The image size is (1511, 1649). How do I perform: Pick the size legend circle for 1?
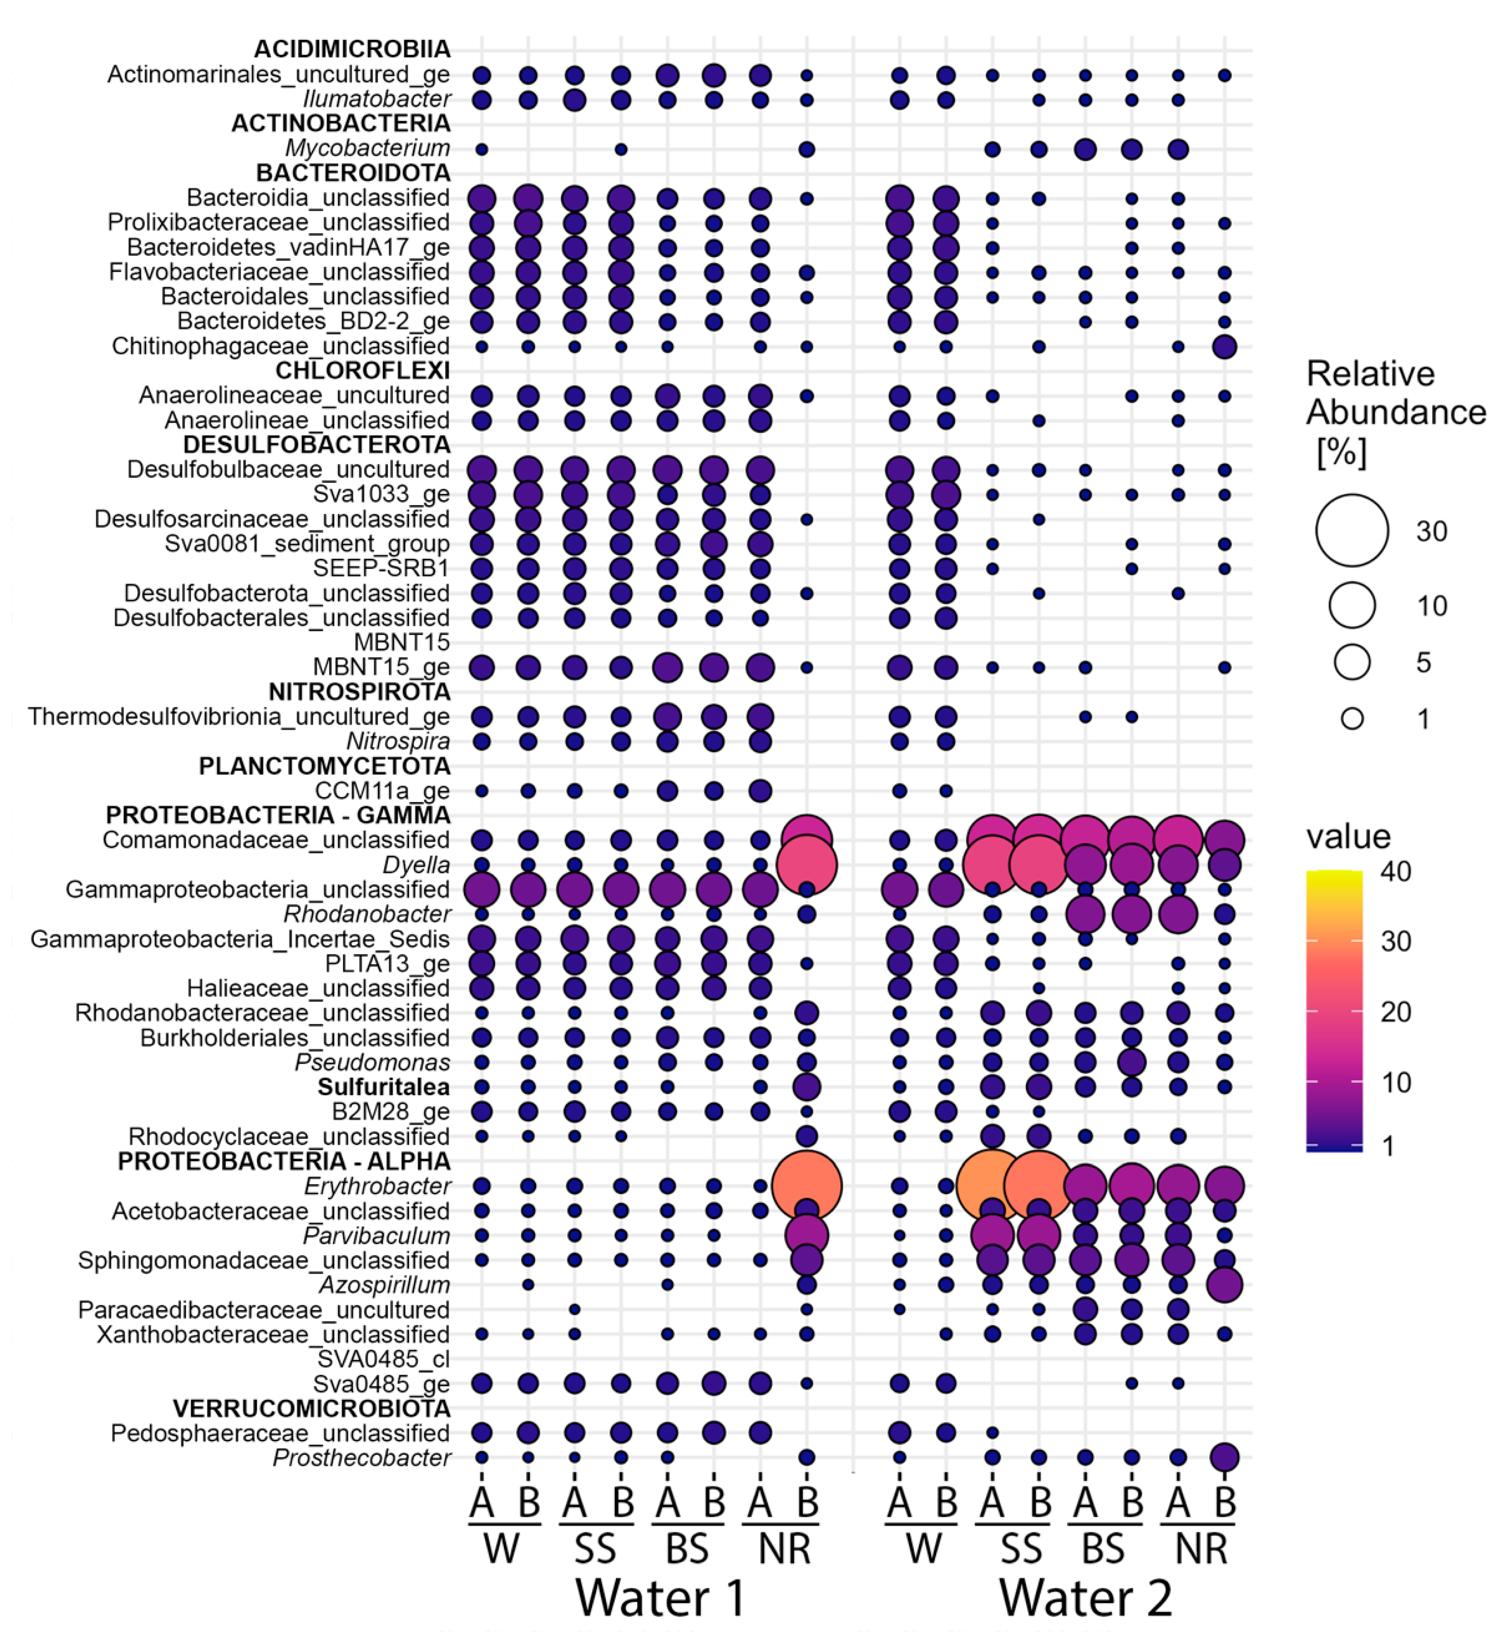click(x=1352, y=719)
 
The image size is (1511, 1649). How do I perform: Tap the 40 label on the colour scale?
click(x=1396, y=872)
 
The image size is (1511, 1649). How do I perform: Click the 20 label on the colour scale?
click(x=1396, y=1013)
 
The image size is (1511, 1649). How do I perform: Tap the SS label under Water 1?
click(x=595, y=1548)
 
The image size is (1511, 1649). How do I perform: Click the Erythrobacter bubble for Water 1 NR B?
click(x=807, y=1185)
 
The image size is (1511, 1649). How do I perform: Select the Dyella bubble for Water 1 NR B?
click(x=807, y=865)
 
